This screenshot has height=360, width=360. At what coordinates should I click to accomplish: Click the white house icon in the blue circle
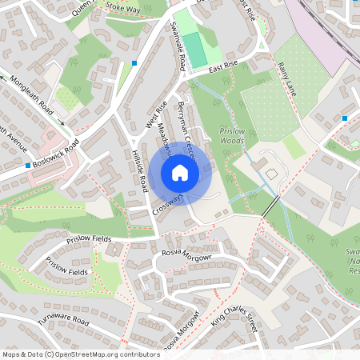(x=180, y=172)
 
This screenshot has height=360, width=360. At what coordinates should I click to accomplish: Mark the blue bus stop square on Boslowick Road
(x=28, y=165)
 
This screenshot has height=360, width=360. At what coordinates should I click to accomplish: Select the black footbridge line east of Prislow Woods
(x=272, y=205)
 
